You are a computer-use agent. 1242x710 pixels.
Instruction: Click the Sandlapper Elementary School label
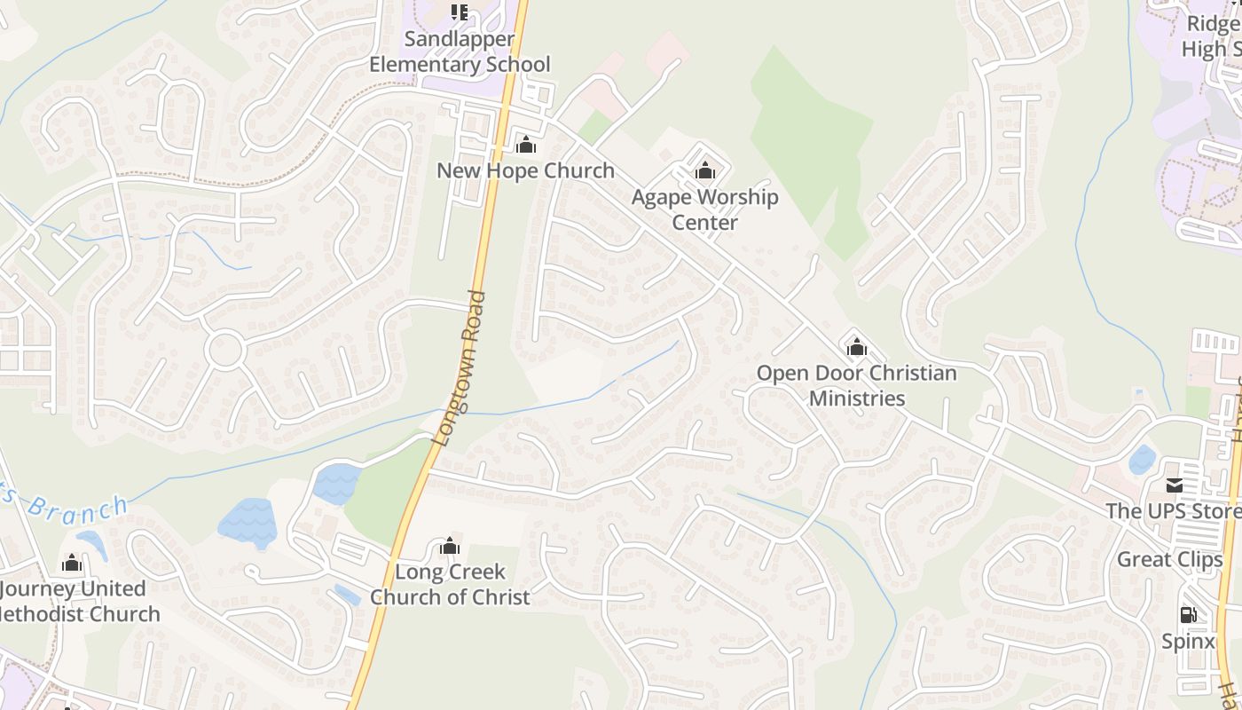460,51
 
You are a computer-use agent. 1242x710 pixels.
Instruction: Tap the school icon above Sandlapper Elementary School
459,12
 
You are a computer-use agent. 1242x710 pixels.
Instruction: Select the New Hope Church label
525,170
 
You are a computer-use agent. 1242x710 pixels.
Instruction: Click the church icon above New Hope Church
526,145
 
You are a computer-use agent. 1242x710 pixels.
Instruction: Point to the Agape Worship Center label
705,209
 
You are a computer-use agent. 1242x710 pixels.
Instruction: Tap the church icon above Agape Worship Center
705,170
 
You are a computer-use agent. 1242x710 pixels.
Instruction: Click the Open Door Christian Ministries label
856,385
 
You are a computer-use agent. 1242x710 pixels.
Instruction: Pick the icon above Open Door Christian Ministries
856,347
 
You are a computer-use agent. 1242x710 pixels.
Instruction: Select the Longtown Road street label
460,367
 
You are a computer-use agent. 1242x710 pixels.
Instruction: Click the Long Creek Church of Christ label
450,584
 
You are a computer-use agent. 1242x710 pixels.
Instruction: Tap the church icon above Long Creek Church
450,546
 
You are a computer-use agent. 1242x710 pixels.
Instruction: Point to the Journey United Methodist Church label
75,601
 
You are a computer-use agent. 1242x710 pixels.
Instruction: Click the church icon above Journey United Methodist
72,564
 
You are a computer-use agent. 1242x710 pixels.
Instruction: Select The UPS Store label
1173,511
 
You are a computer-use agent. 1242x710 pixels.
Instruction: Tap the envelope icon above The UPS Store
1175,485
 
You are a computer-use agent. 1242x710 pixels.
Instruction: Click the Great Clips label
1169,559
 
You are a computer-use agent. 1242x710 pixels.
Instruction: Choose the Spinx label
1188,641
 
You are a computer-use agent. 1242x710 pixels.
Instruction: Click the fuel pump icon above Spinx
1188,614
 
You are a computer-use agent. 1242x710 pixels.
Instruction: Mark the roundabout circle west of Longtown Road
225,350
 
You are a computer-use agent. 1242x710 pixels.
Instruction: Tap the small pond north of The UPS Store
1142,459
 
